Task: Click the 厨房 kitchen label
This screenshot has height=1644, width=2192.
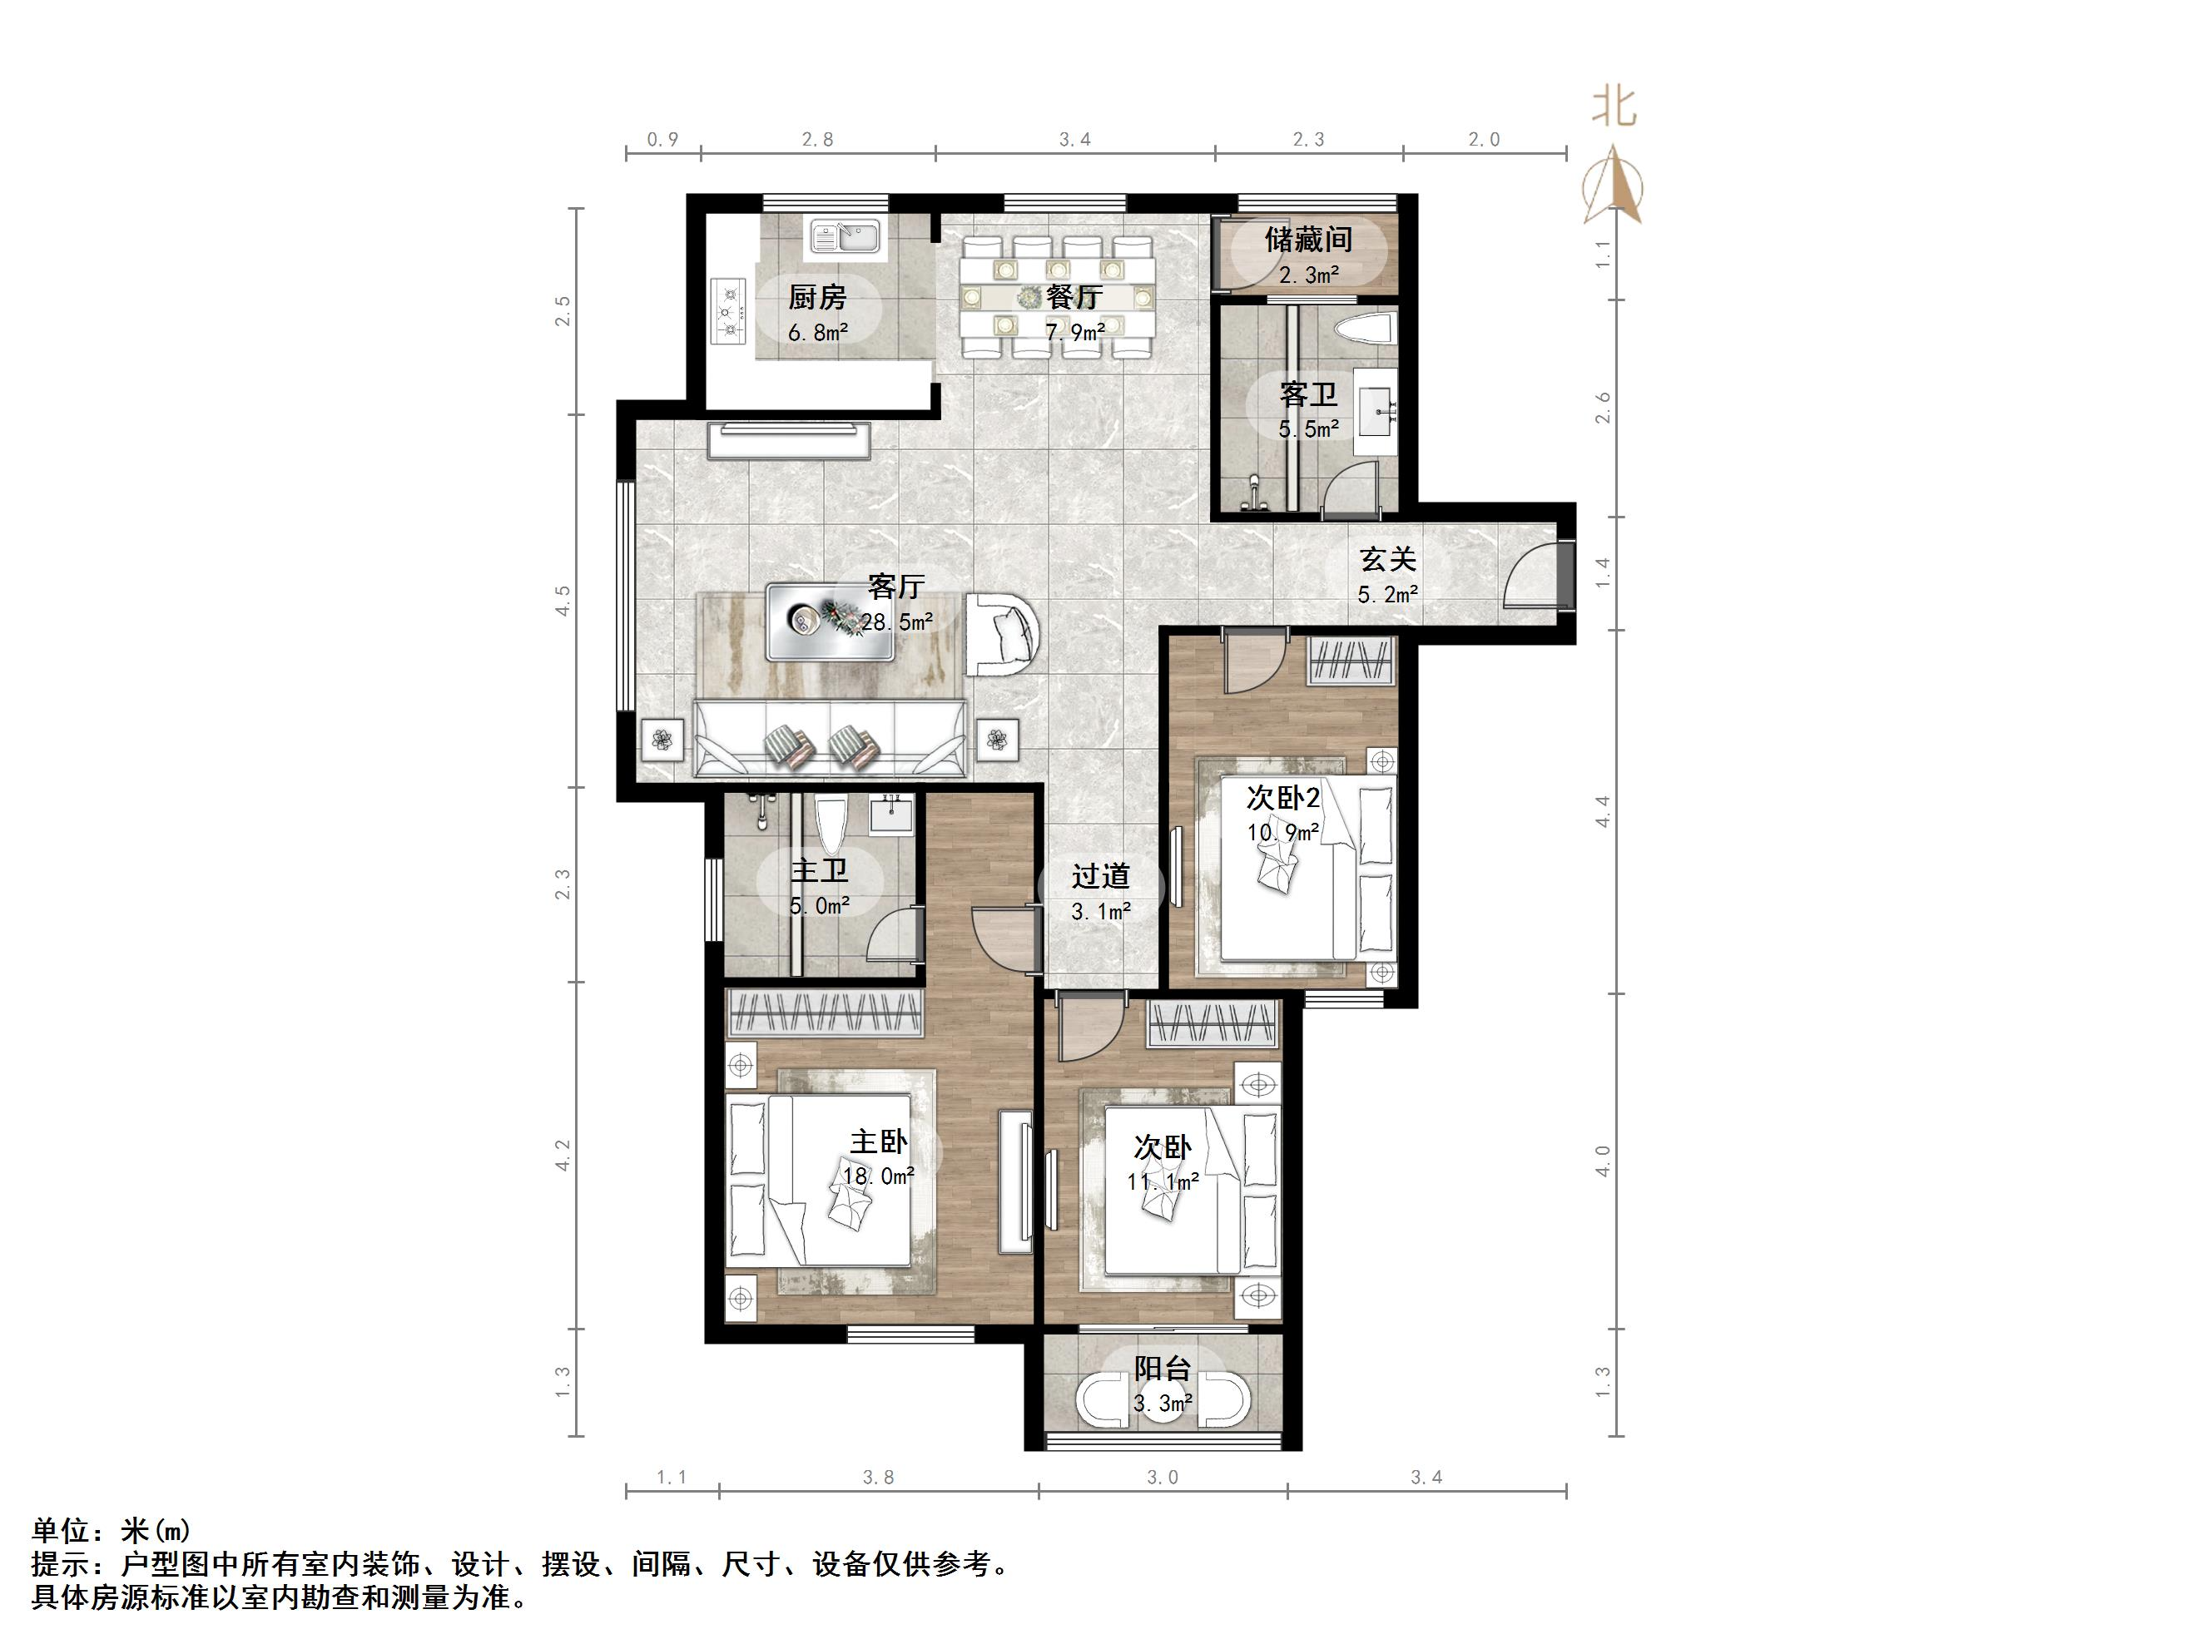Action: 817,296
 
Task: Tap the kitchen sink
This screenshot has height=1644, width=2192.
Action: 846,238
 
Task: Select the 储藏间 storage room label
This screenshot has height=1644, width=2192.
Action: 1308,240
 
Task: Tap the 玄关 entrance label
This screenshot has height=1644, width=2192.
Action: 1387,559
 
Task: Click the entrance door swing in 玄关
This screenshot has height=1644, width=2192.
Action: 1529,575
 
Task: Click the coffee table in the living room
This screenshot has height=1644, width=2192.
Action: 831,621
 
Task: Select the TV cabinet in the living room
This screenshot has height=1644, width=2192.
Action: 789,440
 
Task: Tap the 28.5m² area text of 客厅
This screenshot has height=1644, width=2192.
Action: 897,622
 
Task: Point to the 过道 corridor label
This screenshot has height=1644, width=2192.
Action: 1100,876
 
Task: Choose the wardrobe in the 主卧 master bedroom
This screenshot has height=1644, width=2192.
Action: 825,1013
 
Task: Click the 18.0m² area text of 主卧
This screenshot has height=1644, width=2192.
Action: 878,1176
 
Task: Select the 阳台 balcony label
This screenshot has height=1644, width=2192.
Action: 1163,1369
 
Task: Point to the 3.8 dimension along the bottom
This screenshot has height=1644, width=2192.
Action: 878,1478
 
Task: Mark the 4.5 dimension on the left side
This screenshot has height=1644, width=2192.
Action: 563,602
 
